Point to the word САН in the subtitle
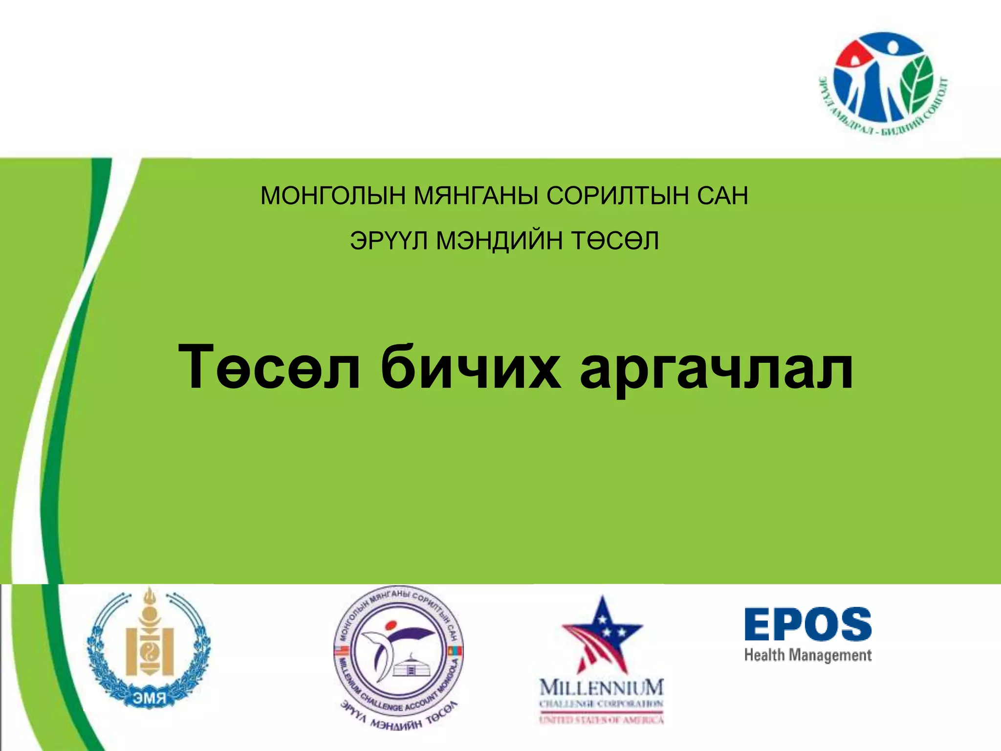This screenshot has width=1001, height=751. (x=722, y=196)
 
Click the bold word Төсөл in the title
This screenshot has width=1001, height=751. (x=269, y=367)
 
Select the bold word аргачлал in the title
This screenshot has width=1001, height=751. (x=717, y=367)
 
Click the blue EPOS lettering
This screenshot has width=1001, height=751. (x=808, y=624)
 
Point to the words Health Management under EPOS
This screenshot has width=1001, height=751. (x=808, y=655)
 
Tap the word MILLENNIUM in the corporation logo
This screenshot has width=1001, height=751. (x=602, y=687)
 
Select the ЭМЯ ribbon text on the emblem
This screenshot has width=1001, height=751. (x=150, y=698)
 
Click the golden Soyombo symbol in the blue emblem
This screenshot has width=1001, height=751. (x=150, y=641)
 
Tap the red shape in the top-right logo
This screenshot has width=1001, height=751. (x=853, y=55)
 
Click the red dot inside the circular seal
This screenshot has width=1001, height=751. (x=390, y=625)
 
